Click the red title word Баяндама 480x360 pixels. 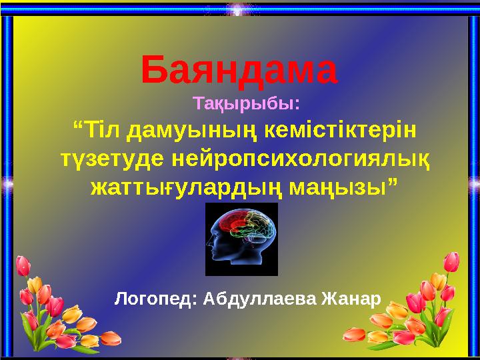240,72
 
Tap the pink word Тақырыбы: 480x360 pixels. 246,105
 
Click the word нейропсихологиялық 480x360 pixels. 300,159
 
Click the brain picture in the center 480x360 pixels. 241,239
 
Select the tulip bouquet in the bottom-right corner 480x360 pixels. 427,307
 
